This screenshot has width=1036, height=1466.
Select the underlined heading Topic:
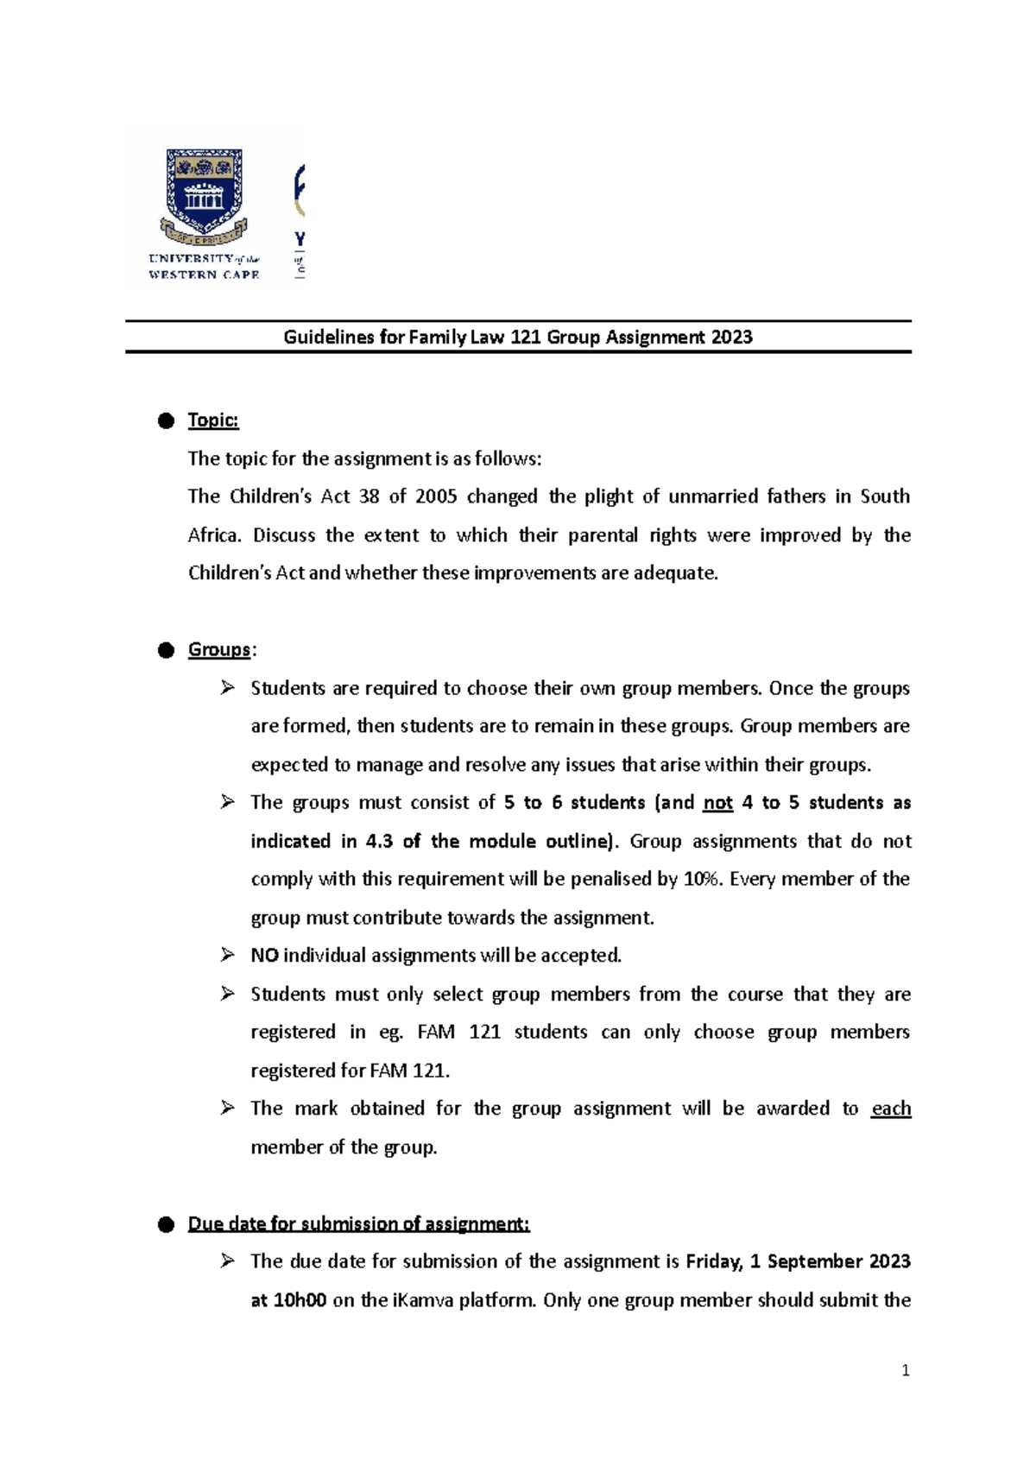(x=212, y=420)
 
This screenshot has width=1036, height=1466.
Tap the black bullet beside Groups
(x=166, y=650)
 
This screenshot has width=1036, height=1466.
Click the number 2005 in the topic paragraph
(x=435, y=496)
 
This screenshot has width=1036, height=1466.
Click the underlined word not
(x=717, y=803)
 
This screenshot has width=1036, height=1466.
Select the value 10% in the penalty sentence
(x=703, y=879)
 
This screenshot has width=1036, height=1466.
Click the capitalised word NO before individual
(x=263, y=956)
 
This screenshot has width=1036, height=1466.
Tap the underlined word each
(x=891, y=1109)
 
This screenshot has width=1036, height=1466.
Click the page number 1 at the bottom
(x=905, y=1370)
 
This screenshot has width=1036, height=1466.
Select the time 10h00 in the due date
(x=299, y=1300)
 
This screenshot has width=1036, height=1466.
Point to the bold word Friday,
(x=714, y=1261)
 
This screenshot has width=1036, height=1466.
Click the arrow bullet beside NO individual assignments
(x=227, y=955)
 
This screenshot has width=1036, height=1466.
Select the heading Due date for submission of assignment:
(x=358, y=1224)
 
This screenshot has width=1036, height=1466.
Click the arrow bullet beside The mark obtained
(x=227, y=1108)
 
